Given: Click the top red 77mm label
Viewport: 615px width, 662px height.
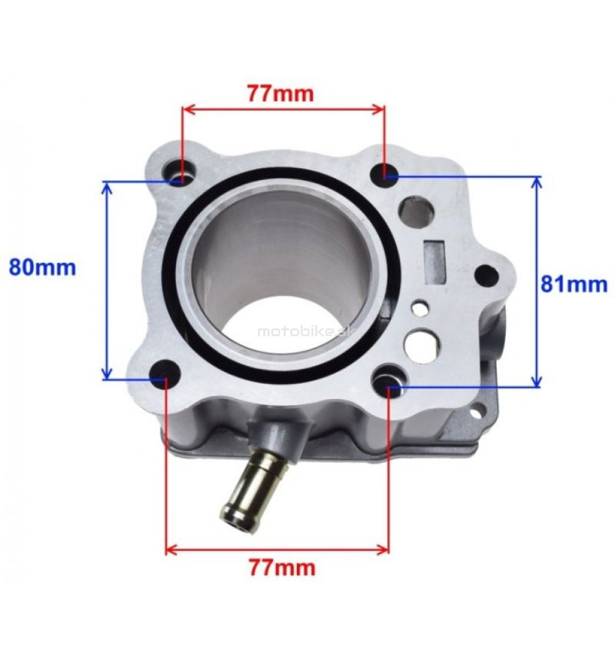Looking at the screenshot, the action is point(280,94).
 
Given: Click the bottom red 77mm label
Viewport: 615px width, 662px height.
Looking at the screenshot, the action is point(281,567).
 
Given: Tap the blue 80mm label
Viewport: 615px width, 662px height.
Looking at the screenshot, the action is point(42,267).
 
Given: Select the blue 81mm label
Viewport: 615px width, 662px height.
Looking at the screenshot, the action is point(574,285).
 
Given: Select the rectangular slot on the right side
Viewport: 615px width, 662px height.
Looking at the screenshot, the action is point(435,261).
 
